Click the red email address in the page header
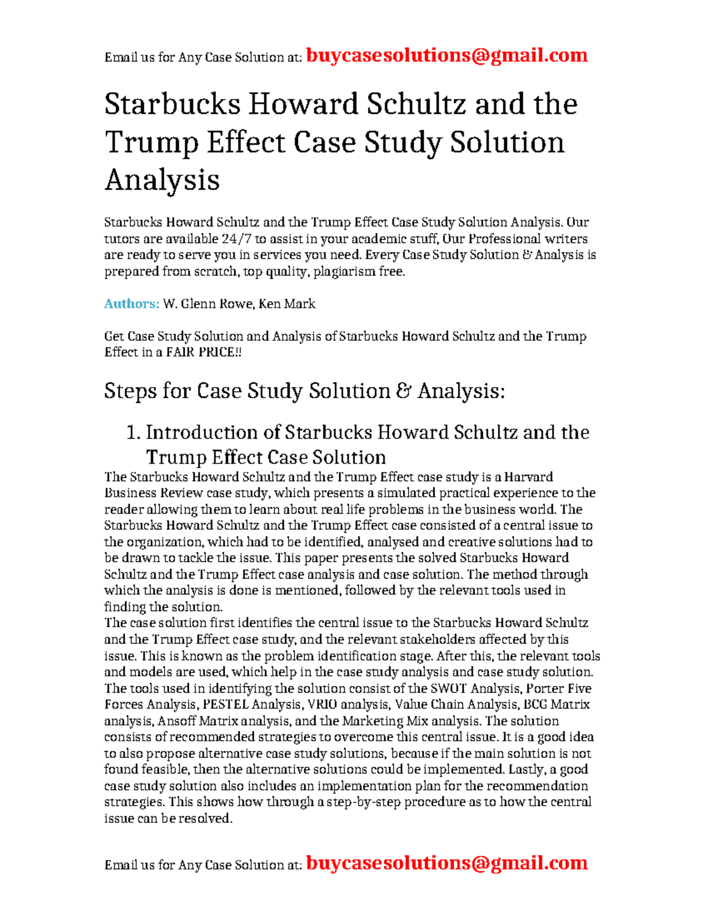(447, 55)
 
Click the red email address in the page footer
(447, 863)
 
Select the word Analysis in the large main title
(162, 179)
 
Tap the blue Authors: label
(132, 304)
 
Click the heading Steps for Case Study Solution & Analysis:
(304, 390)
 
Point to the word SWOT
(448, 688)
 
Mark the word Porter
(545, 688)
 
